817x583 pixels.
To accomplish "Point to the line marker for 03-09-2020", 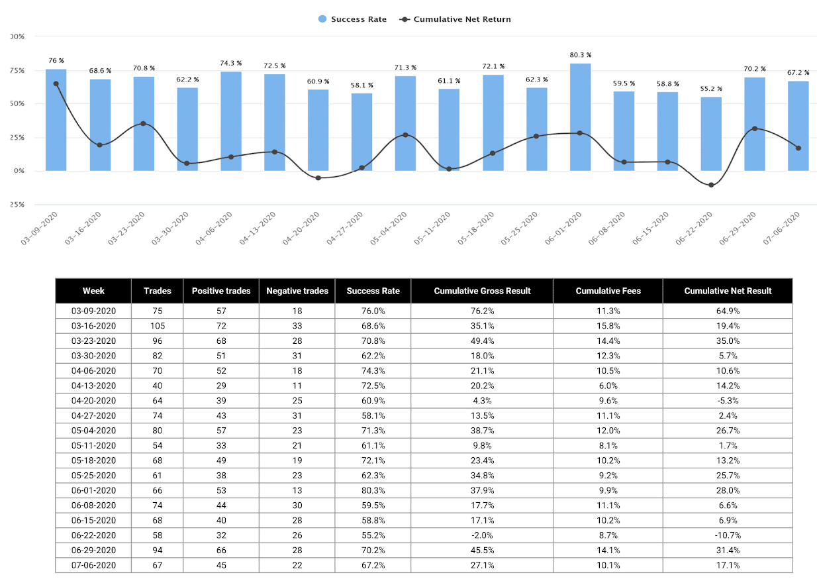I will point(56,83).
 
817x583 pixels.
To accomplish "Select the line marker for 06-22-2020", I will point(711,185).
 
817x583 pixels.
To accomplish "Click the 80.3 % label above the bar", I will point(580,55).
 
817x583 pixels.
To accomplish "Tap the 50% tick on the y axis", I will point(18,104).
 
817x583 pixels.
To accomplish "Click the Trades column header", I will point(157,291).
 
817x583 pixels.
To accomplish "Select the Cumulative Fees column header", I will point(608,291).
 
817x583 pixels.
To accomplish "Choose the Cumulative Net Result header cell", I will point(727,291).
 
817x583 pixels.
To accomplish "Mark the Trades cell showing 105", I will point(157,325).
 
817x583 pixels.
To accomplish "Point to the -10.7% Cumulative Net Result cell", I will point(727,535).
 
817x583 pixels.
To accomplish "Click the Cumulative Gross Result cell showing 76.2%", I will point(482,310).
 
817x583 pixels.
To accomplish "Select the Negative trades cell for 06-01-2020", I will point(297,490).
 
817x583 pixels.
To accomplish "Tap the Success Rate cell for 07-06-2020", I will point(373,565).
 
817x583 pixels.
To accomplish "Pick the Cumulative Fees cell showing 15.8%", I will point(608,325).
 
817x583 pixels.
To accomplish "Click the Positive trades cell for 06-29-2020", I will point(221,550).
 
